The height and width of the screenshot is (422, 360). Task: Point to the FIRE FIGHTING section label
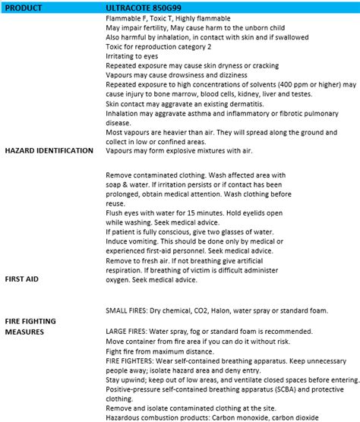tap(30, 321)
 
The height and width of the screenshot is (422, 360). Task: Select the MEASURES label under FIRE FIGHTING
tap(24, 332)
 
